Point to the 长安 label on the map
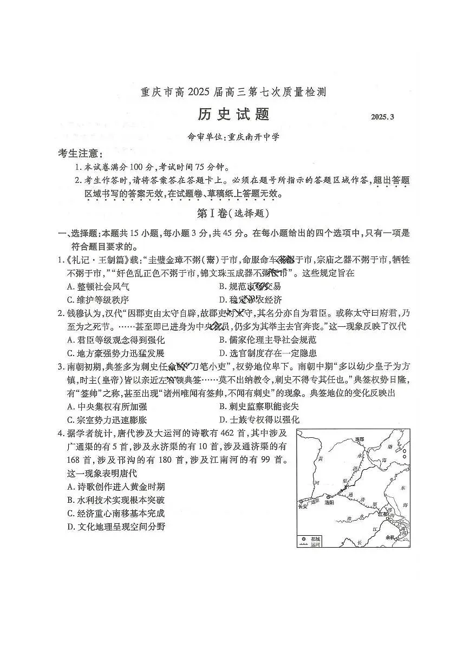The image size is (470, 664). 303,507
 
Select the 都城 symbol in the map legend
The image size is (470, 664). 304,539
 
